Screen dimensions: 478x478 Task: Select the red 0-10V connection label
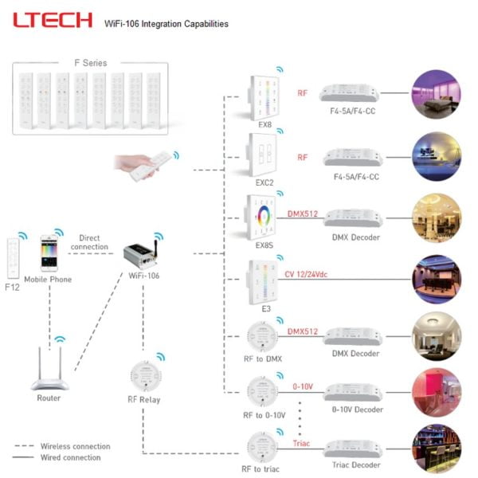(x=303, y=386)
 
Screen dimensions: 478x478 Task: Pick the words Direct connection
(x=88, y=241)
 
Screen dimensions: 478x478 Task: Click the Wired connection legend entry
(x=70, y=457)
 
